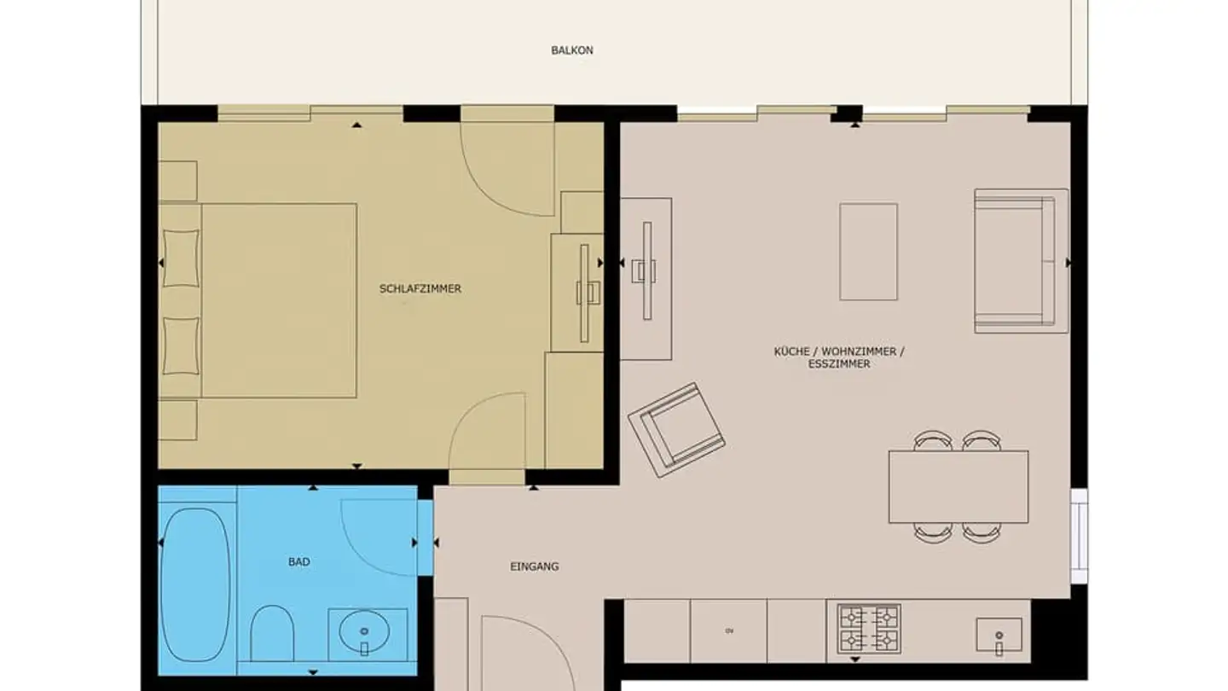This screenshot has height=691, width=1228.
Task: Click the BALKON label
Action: tap(571, 50)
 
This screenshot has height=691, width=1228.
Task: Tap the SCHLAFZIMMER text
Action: tap(420, 289)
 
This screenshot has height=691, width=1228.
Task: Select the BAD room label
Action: tap(298, 562)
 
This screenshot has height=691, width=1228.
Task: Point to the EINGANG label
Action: tap(534, 566)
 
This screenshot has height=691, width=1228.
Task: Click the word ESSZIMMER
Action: tap(839, 364)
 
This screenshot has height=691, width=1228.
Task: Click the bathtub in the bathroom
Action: tap(194, 584)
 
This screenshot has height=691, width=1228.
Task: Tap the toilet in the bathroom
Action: tap(273, 633)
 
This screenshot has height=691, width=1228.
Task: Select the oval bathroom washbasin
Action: tap(364, 632)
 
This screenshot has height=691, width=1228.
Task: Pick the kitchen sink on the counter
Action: tap(998, 635)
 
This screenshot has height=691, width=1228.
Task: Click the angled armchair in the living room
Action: tap(676, 429)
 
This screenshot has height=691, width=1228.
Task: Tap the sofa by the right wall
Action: tap(1020, 260)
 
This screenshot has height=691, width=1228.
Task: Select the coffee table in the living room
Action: tap(868, 252)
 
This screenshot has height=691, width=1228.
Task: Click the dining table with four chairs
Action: tap(958, 486)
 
